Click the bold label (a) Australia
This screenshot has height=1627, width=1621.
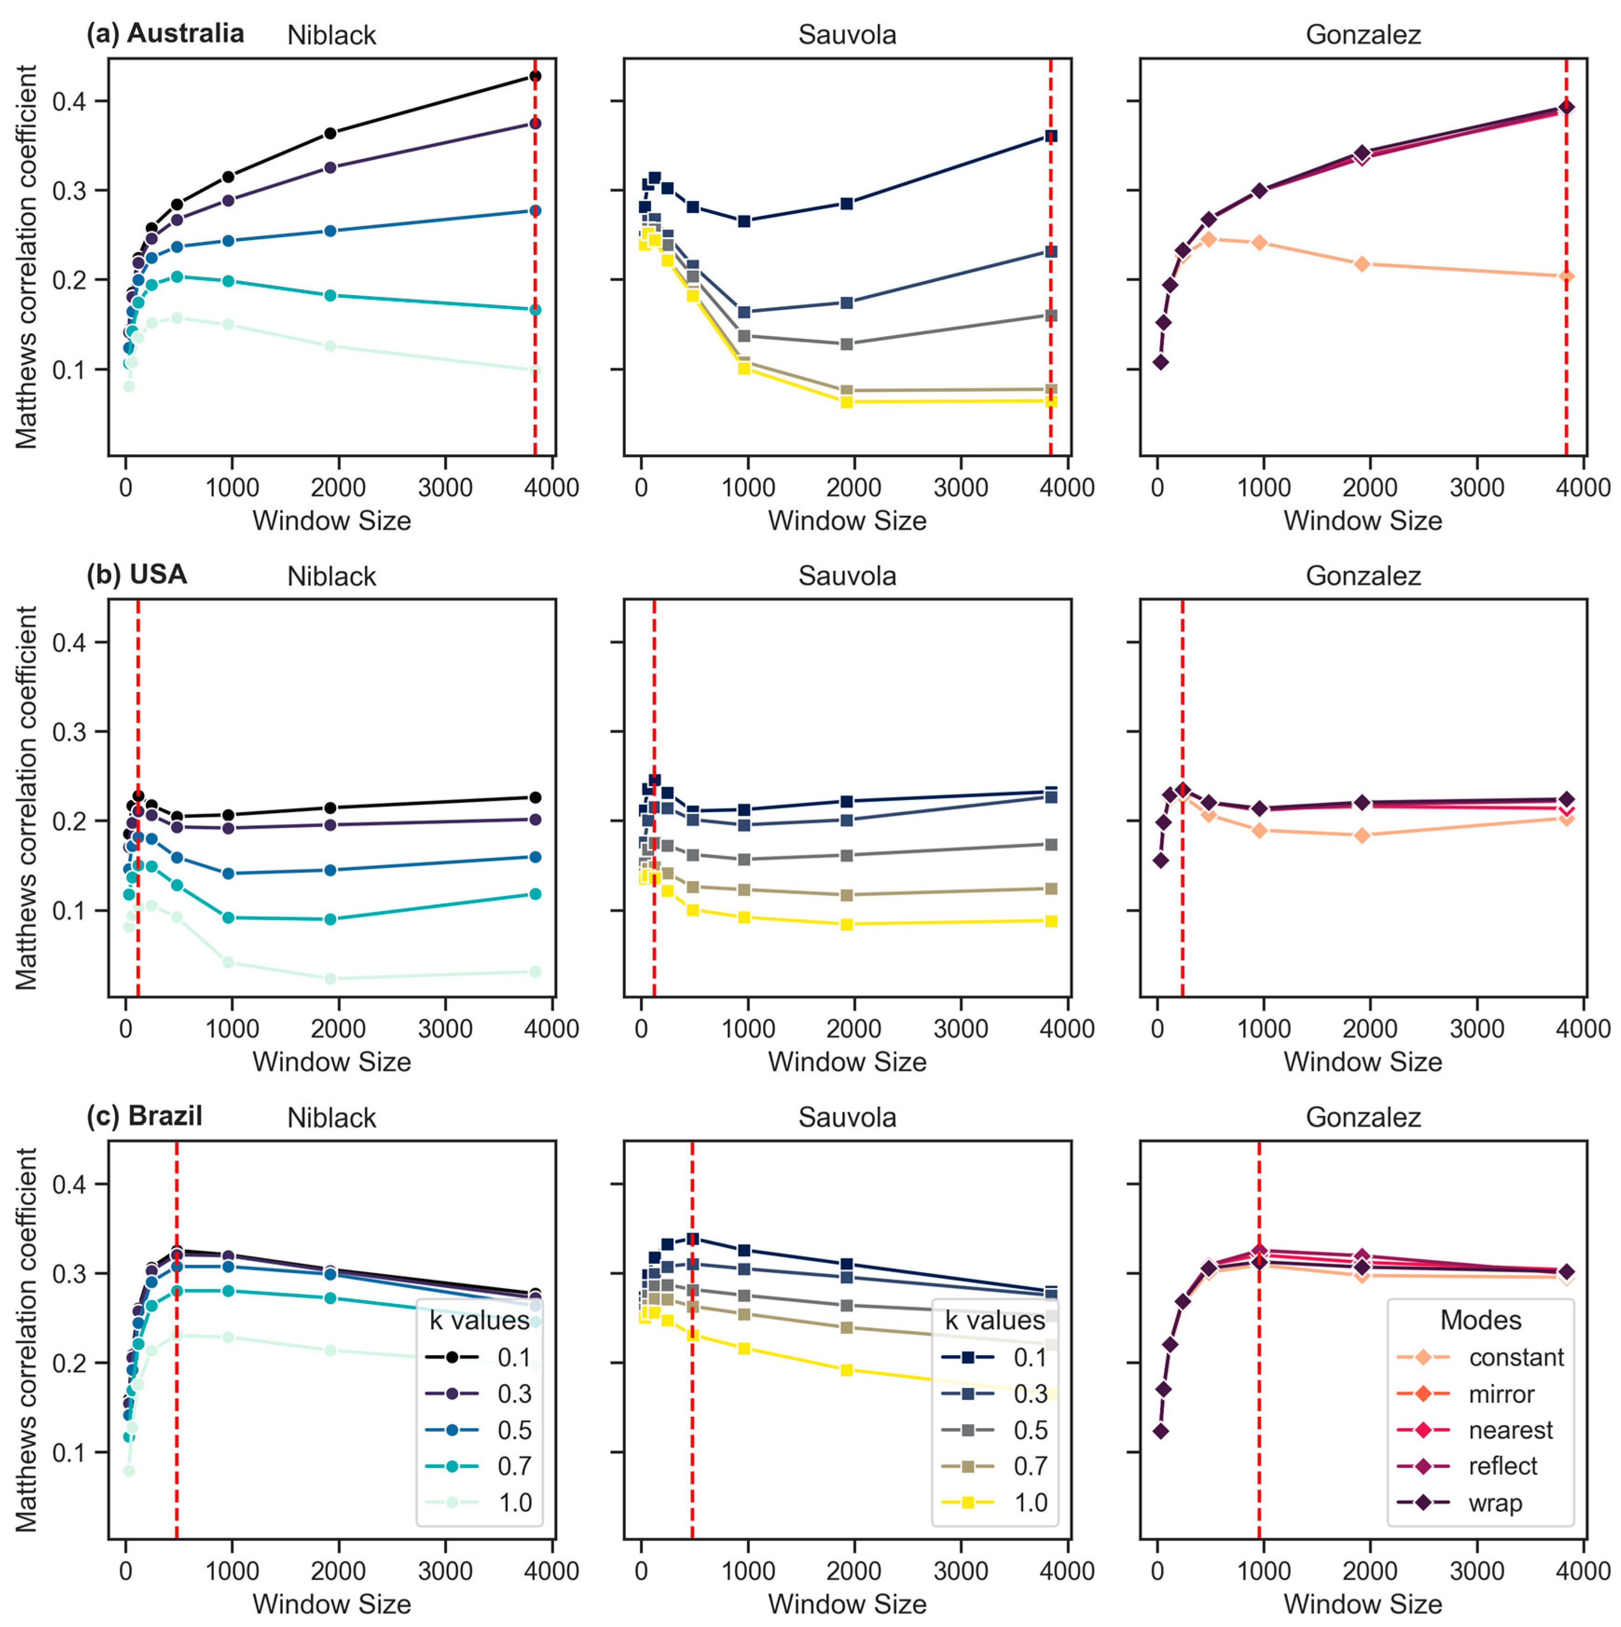click(x=165, y=34)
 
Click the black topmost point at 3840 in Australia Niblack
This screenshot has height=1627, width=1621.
click(x=535, y=76)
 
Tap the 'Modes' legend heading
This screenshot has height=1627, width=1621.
click(x=1480, y=1319)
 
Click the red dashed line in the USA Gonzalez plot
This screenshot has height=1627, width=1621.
click(x=1182, y=909)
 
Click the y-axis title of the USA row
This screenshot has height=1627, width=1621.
click(x=27, y=797)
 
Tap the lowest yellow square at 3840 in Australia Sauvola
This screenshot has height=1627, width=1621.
click(x=1050, y=401)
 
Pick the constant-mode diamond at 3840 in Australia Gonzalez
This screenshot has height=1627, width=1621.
click(x=1566, y=276)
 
